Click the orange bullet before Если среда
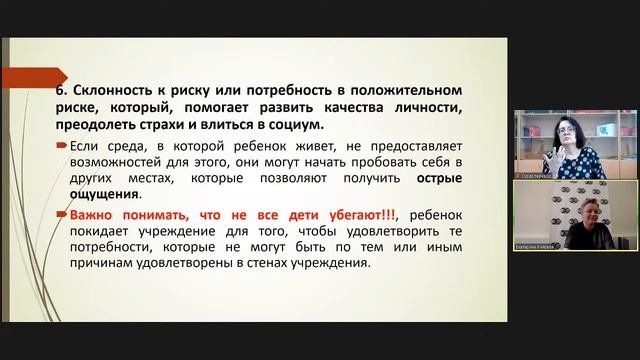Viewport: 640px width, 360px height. pos(62,146)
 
